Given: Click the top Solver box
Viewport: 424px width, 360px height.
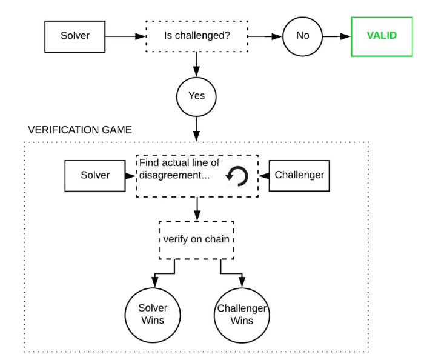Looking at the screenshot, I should point(75,36).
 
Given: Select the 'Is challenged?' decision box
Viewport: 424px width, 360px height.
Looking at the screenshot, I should point(197,36).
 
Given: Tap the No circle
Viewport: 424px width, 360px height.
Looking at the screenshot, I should point(302,36).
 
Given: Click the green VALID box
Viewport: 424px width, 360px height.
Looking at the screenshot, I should point(382,36).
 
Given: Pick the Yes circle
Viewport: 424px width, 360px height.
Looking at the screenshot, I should point(196,96).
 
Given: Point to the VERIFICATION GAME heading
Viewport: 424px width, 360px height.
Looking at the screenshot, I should point(80,130).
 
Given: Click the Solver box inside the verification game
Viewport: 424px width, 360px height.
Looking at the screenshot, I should point(95,176).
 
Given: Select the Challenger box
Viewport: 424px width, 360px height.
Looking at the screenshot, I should point(299,176).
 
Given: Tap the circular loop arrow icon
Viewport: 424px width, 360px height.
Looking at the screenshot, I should point(236,176).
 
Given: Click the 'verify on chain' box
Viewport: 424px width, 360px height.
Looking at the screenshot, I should point(196,239).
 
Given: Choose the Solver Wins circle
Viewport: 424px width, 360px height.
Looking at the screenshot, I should point(153,315).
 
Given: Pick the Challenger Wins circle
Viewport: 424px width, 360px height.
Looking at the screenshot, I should point(242,315).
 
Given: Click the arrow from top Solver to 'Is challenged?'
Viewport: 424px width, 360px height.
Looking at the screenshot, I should point(125,36).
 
